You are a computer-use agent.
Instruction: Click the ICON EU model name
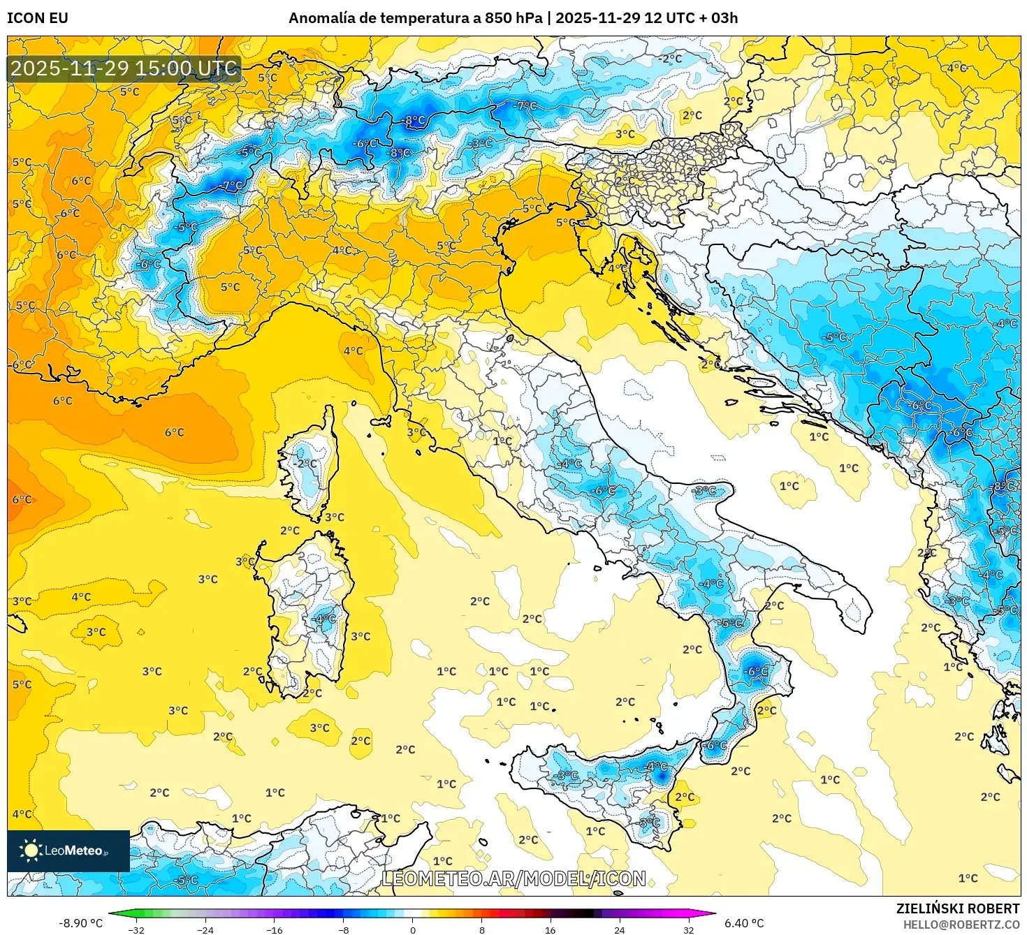(x=38, y=18)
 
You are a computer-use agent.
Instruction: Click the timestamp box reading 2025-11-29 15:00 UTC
(x=124, y=68)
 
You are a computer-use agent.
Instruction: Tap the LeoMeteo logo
(x=68, y=851)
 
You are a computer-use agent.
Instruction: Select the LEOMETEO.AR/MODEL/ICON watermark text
(x=513, y=878)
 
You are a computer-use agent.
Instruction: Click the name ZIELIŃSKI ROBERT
(x=957, y=908)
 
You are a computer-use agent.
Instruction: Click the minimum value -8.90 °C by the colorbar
(x=80, y=923)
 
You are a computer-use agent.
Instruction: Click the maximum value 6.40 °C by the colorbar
(x=743, y=923)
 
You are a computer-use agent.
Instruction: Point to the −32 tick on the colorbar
(x=137, y=929)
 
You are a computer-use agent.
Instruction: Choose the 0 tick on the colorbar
(x=413, y=929)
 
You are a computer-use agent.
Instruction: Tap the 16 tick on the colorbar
(x=551, y=929)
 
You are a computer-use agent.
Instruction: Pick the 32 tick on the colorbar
(x=688, y=929)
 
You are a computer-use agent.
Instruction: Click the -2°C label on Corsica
(x=305, y=464)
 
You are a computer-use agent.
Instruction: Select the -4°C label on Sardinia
(x=325, y=619)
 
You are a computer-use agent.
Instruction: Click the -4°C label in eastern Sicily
(x=656, y=767)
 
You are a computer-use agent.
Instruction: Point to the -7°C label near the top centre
(x=525, y=106)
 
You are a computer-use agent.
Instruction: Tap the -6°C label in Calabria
(x=756, y=672)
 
